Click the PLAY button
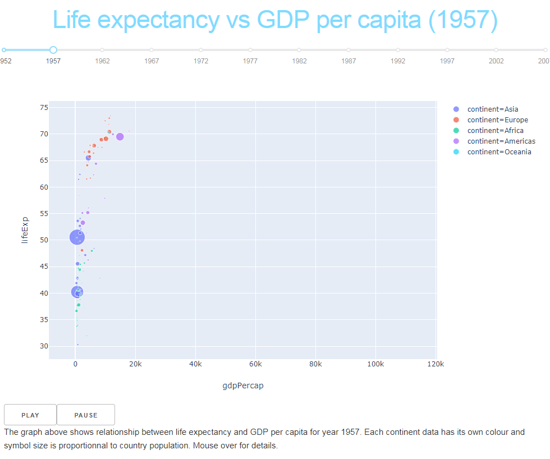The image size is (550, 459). tap(30, 415)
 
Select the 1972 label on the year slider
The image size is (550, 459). tap(201, 61)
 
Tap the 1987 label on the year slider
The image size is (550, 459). tap(349, 61)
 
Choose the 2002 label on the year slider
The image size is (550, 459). tap(496, 61)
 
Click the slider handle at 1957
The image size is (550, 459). tap(53, 50)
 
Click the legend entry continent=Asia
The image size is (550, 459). tap(493, 109)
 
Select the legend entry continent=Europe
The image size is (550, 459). tap(497, 120)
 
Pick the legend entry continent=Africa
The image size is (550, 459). tap(495, 131)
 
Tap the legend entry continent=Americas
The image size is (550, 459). tap(501, 141)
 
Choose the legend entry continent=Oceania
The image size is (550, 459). tap(499, 152)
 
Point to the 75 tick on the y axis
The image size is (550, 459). tap(44, 108)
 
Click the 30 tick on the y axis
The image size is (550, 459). tap(44, 346)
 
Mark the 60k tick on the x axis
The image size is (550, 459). tap(255, 364)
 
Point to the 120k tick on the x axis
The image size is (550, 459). tap(436, 364)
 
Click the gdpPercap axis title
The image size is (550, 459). tap(243, 386)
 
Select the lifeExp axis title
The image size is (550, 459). tap(24, 230)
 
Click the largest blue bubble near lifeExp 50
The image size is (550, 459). tap(77, 237)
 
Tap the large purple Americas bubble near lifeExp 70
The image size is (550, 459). tap(120, 136)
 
